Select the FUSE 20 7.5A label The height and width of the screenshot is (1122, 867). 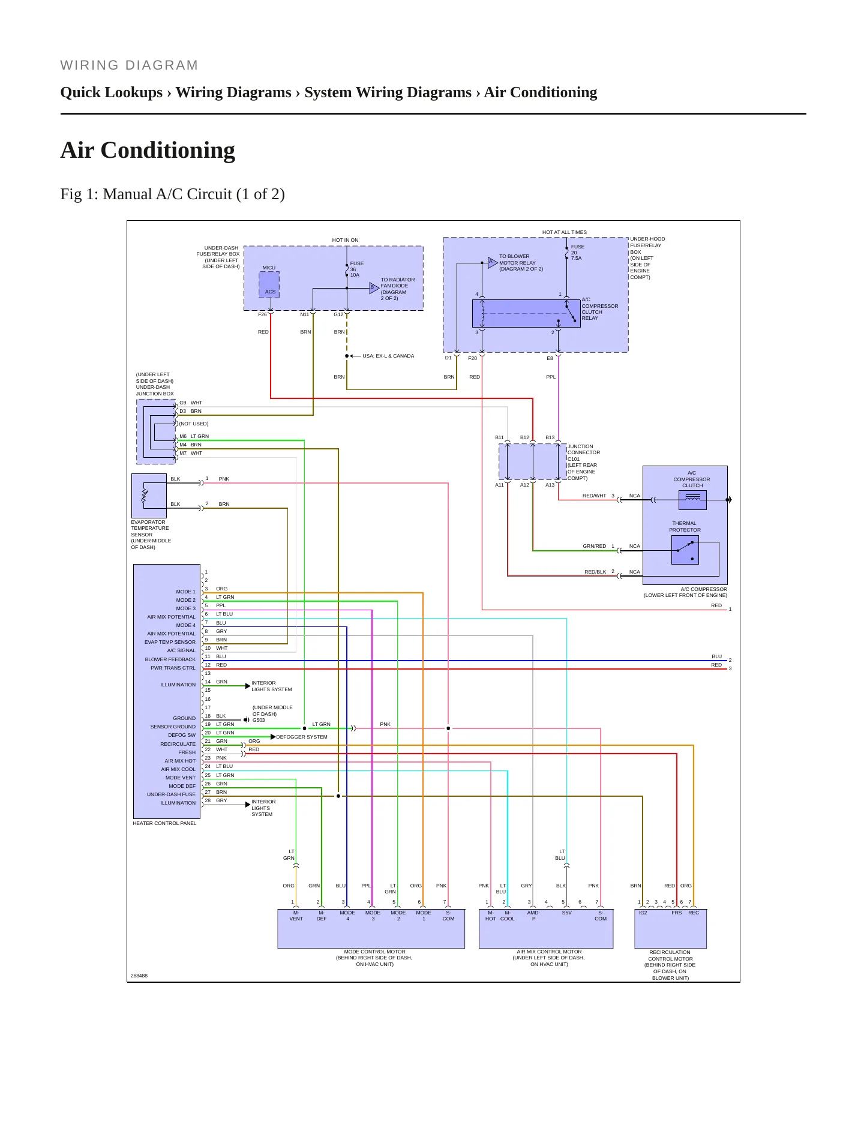point(577,252)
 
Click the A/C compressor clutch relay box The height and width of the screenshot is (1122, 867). point(518,313)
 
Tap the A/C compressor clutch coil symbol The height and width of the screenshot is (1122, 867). point(692,500)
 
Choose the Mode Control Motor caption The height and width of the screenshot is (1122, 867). point(374,958)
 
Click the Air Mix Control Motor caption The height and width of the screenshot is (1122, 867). point(549,958)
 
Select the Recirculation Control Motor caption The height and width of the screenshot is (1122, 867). point(670,965)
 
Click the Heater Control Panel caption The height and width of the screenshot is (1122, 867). point(164,823)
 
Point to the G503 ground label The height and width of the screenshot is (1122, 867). point(259,720)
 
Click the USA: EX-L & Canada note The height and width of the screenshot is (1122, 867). point(388,356)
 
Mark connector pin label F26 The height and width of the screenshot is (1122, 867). point(262,314)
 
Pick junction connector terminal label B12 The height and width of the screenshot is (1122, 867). point(524,437)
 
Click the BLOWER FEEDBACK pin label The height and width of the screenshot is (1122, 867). point(170,659)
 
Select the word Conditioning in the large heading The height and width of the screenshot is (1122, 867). point(168,150)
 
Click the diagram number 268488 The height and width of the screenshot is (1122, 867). point(139,976)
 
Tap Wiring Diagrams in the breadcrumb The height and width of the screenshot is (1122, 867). point(233,92)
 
